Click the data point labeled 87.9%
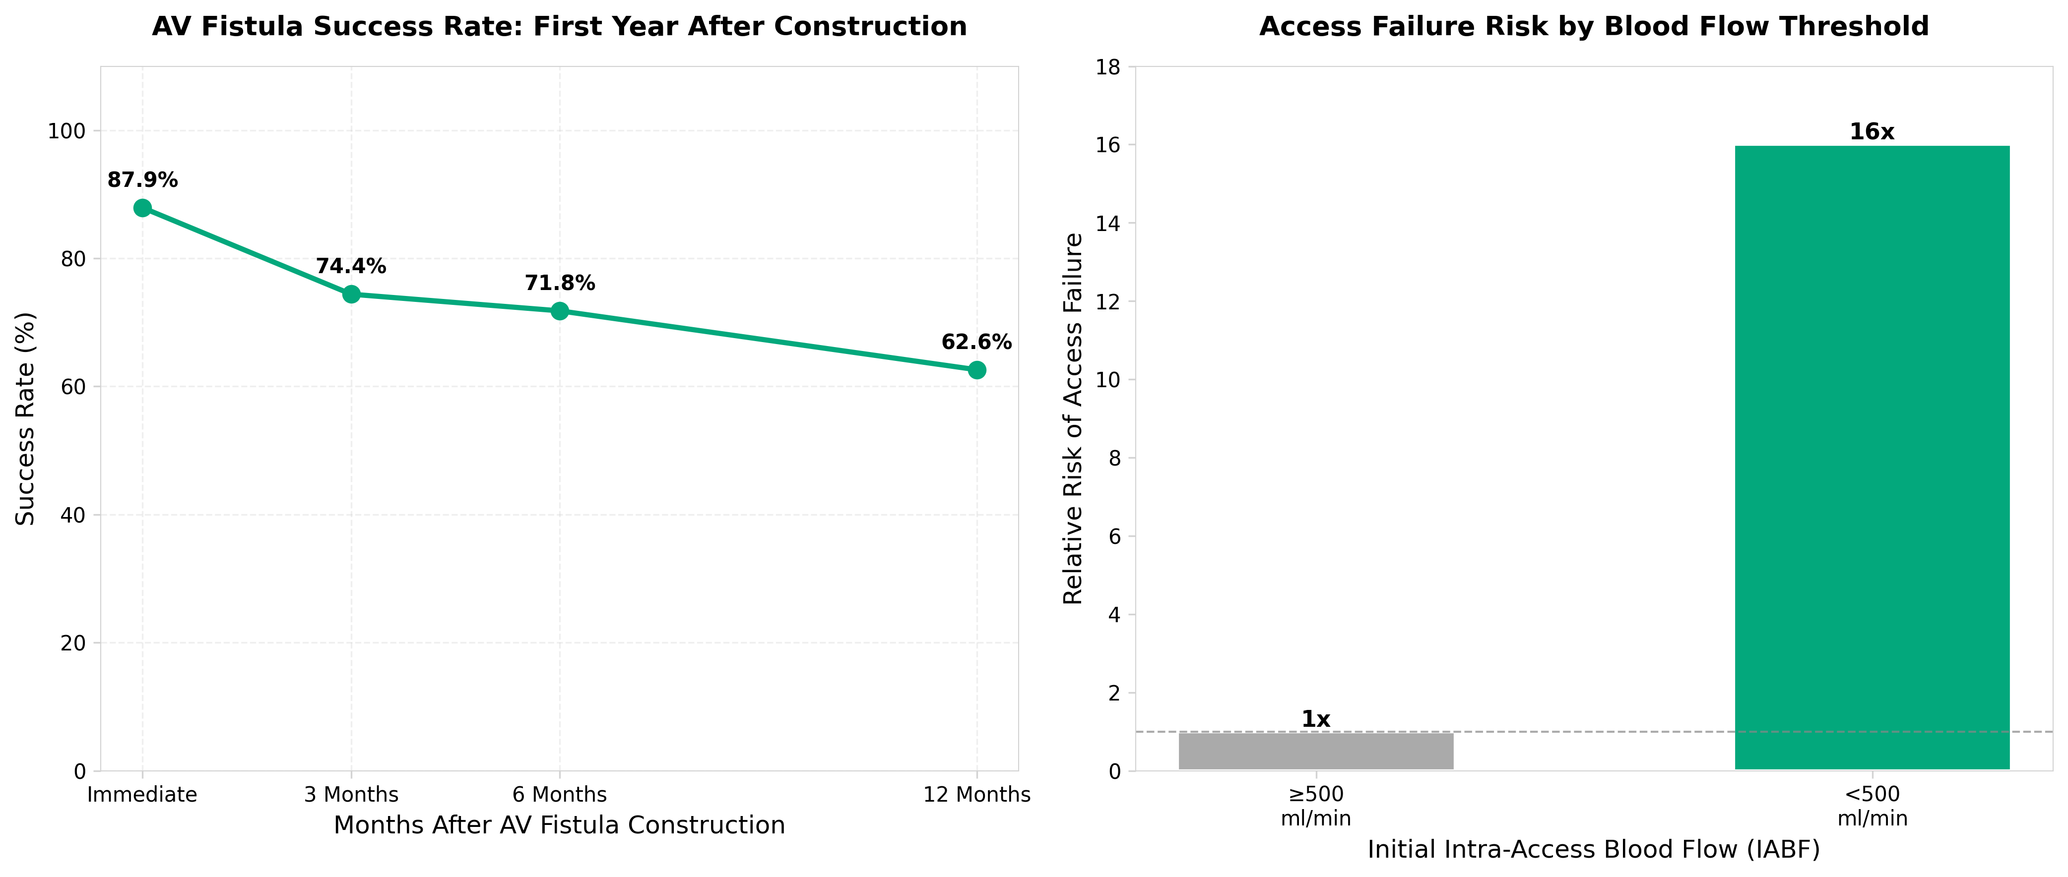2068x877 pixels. point(142,208)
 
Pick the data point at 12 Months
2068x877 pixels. point(976,370)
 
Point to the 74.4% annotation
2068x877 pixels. point(351,266)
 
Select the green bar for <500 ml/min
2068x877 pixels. point(1872,458)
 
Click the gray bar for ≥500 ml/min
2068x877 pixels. point(1316,751)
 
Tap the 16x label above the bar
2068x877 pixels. point(1872,131)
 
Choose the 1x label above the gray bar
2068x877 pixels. point(1316,720)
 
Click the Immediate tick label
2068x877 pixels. point(142,794)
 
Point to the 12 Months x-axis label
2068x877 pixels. point(976,794)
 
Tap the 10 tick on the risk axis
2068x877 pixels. point(1108,380)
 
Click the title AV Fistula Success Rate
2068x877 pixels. point(560,26)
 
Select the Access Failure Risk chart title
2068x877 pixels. point(1594,26)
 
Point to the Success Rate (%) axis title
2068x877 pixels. point(26,419)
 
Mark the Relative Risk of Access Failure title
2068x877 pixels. point(1073,419)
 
